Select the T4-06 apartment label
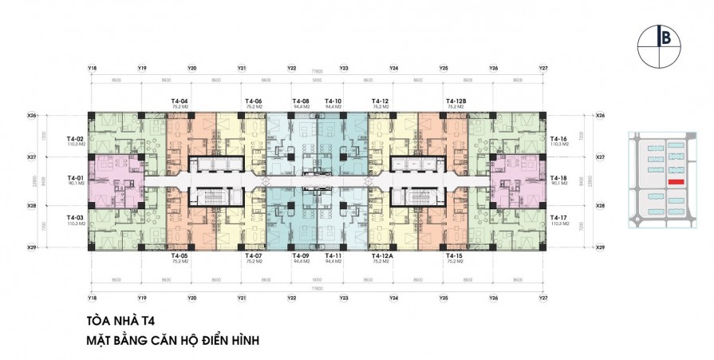tap(254, 100)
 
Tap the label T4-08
tap(302, 100)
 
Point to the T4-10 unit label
tap(333, 100)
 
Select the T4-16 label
tap(558, 139)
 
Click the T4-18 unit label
tap(558, 176)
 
